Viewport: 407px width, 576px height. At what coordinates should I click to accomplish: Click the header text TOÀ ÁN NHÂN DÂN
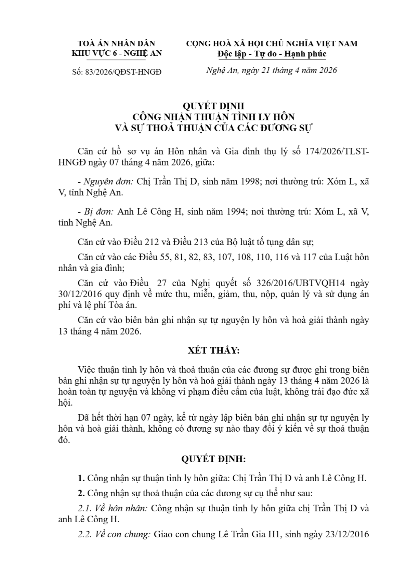tap(116, 43)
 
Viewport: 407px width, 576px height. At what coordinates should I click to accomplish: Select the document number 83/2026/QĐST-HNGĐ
tap(122, 72)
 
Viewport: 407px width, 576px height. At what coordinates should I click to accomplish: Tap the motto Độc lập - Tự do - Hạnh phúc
tap(272, 54)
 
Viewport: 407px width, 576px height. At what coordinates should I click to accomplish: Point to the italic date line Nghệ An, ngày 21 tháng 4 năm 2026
tap(272, 70)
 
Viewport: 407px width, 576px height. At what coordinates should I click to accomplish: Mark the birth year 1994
tap(234, 212)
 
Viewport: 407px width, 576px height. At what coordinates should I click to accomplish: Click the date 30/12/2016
tap(77, 294)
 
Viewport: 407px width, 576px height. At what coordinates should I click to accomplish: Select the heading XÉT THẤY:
tap(213, 351)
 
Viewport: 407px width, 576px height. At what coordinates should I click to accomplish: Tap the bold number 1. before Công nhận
tap(81, 478)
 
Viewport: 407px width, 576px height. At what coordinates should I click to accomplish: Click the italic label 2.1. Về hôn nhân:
tap(113, 509)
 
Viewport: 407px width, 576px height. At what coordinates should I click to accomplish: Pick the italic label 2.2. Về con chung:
tap(114, 534)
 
